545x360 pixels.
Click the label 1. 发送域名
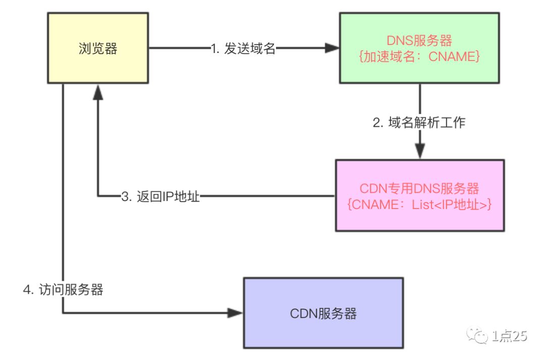tap(244, 48)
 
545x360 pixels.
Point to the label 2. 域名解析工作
tap(419, 123)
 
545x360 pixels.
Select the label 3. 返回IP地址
tap(161, 196)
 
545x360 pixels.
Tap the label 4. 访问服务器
tap(63, 289)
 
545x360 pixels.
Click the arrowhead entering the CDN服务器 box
tap(236, 313)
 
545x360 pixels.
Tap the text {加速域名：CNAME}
tap(419, 57)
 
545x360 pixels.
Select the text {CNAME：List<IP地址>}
tap(419, 204)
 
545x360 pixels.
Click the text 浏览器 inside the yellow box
tap(98, 48)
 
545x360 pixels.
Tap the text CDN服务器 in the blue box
tap(323, 314)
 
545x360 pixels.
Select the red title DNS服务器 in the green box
tap(419, 40)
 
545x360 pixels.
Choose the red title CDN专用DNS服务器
tap(419, 188)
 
